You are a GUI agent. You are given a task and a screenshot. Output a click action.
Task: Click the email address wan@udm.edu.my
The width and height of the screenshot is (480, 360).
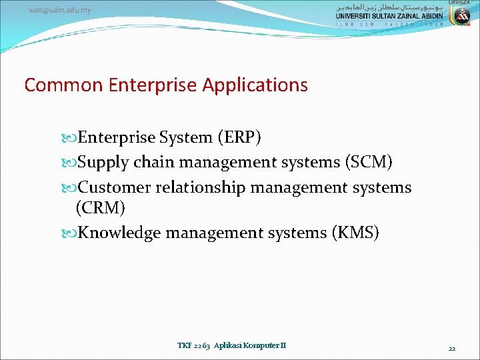point(59,10)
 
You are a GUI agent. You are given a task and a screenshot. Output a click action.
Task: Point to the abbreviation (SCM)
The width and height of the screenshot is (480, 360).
point(368,163)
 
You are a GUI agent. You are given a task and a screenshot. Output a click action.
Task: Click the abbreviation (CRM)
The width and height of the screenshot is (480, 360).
point(101,208)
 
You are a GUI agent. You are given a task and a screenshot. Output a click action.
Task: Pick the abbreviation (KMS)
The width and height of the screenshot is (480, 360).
point(354,233)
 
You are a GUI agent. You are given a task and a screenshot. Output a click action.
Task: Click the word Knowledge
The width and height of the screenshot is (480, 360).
point(119,233)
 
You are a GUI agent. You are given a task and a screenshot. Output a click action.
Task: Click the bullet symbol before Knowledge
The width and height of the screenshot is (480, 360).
point(71,233)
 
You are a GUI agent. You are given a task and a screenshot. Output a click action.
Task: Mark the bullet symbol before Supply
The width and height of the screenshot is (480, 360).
point(71,163)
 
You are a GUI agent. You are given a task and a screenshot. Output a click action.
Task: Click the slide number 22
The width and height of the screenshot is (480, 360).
point(452,348)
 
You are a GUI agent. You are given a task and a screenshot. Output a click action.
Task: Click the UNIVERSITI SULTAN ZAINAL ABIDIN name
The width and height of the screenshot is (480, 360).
point(389,16)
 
